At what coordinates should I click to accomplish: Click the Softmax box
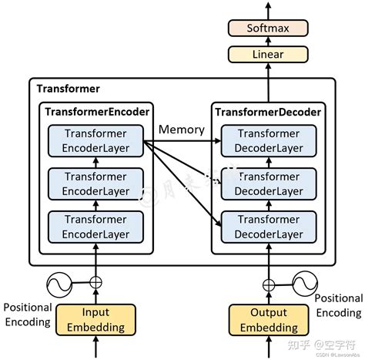(269, 29)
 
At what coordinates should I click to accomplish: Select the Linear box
(269, 55)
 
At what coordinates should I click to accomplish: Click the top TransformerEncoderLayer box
(96, 140)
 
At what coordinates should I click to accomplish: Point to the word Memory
(182, 129)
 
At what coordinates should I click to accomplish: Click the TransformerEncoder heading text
(96, 113)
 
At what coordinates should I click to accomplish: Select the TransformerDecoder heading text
(269, 113)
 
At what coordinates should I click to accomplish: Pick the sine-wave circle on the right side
(303, 282)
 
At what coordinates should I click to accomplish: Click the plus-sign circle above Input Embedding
(96, 282)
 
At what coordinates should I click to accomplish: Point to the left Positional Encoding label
(27, 314)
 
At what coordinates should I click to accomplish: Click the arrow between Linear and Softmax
(269, 42)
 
